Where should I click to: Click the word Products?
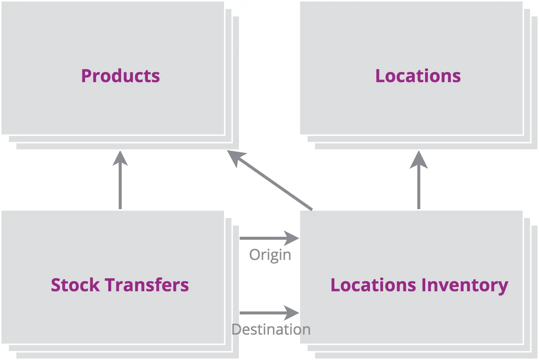120,76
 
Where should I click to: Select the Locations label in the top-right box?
418,76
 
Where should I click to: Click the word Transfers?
147,285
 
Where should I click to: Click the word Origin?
270,255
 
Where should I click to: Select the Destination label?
271,329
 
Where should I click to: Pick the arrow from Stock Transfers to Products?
120,183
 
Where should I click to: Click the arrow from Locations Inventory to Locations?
418,183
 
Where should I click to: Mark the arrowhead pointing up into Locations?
418,160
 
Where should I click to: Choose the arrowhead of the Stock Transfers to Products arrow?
120,160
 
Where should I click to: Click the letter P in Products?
87,76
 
